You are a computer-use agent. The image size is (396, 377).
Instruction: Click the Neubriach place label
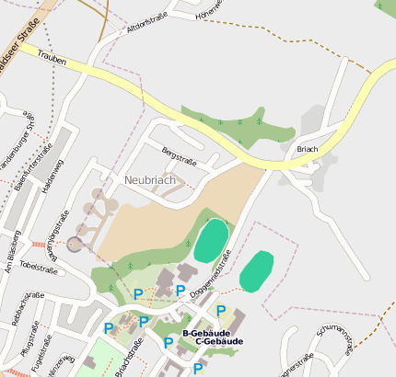coord(150,180)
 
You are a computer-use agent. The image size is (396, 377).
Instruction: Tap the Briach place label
coord(307,149)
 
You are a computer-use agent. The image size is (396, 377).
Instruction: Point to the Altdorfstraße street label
coord(149,28)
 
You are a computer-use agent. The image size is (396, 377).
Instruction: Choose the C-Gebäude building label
coord(219,342)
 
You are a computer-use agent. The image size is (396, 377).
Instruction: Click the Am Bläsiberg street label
coord(10,263)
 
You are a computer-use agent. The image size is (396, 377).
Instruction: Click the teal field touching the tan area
coord(212,241)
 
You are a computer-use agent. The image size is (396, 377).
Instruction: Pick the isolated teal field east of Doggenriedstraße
coord(257,271)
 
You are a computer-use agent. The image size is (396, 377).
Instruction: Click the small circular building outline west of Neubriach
coord(75,243)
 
